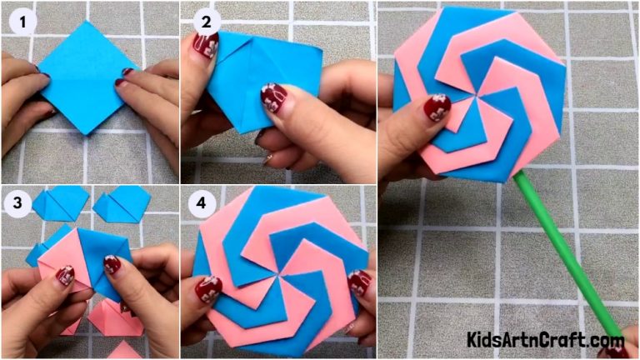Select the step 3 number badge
[x=16, y=203]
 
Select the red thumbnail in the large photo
[x=436, y=107]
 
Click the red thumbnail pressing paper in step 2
[x=272, y=97]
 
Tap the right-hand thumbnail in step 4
[x=358, y=282]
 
